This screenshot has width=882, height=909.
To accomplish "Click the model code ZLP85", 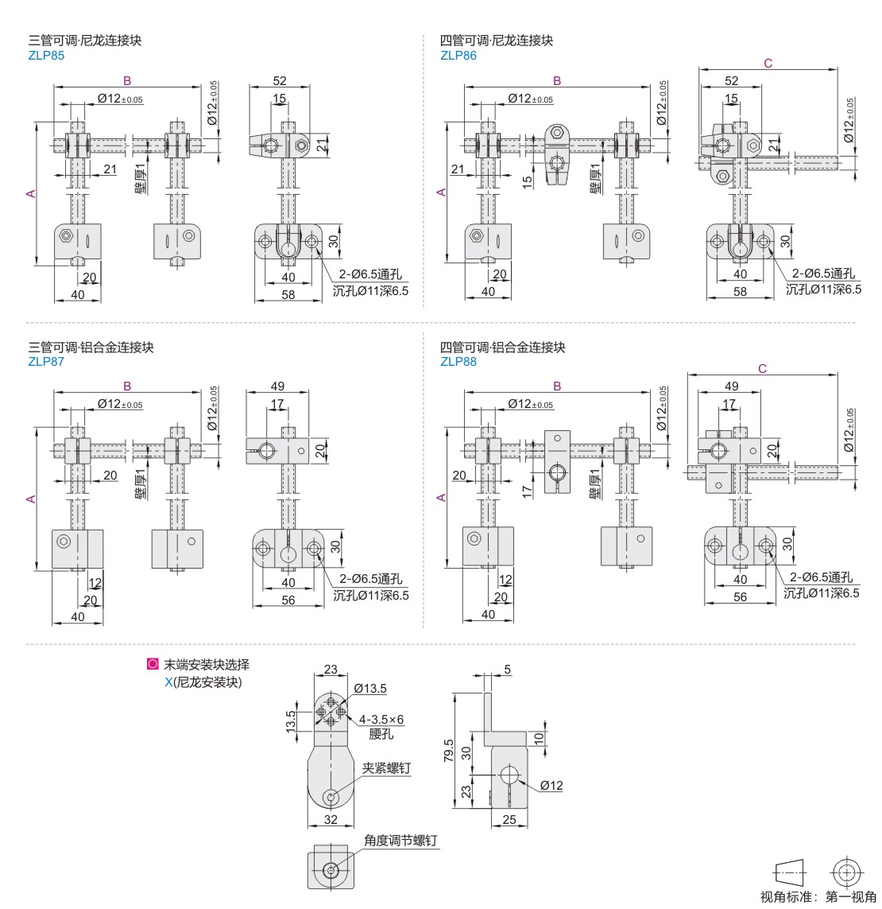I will [46, 56].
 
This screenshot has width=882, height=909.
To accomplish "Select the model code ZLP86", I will [458, 56].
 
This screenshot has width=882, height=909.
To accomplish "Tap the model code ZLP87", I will [46, 362].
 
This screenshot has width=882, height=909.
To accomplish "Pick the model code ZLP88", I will [458, 362].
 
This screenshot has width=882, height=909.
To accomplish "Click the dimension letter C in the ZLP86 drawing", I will [768, 63].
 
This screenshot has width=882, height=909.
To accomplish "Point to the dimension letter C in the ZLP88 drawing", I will [762, 368].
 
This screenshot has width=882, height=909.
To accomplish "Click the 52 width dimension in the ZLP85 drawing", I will [280, 80].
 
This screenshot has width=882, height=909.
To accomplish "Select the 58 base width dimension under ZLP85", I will [288, 294].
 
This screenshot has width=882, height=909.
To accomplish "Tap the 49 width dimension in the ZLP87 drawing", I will [277, 387].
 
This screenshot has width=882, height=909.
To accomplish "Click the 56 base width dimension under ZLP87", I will [288, 600].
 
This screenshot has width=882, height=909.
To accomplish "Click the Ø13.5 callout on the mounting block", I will [370, 688].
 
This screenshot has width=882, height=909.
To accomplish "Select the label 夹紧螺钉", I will [386, 768].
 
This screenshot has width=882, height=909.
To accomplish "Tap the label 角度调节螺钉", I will [400, 840].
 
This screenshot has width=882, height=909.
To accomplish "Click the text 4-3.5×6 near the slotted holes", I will [381, 720].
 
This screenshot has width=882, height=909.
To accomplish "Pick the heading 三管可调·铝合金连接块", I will [91, 348].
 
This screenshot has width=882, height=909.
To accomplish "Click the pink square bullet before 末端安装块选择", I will [153, 665].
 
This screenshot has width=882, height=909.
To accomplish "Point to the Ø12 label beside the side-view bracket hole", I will [551, 785].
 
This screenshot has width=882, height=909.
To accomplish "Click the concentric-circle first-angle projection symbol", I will [846, 872].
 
